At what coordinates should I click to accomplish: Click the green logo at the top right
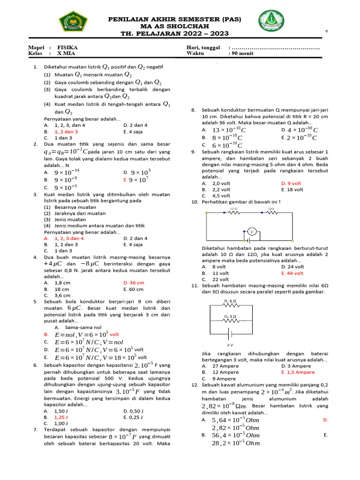point(271,22)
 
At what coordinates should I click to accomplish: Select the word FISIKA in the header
point(67,48)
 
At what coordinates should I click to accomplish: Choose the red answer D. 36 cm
point(134,283)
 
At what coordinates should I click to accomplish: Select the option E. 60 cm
point(133,289)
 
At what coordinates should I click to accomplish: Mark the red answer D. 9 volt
point(292,183)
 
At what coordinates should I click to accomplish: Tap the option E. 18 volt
point(292,189)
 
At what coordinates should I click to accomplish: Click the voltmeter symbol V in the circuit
point(252,232)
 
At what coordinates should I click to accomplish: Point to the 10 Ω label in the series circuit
point(233,208)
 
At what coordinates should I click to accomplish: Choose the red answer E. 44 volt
point(293,273)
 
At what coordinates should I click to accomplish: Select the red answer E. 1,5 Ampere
point(298,372)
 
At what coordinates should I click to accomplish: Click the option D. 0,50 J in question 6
point(134,411)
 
